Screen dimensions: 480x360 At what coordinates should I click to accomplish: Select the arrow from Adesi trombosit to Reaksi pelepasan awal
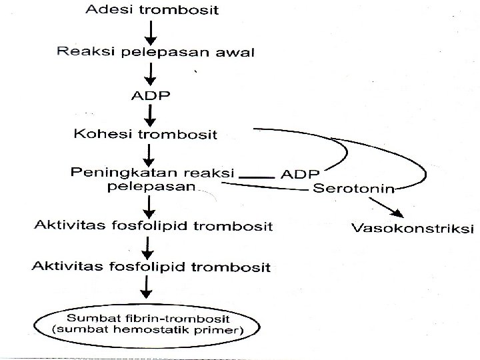pyautogui.click(x=152, y=31)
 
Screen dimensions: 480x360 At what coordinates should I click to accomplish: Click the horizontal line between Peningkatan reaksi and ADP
pyautogui.click(x=257, y=176)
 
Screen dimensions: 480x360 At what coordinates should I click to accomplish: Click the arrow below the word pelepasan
pyautogui.click(x=149, y=205)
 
